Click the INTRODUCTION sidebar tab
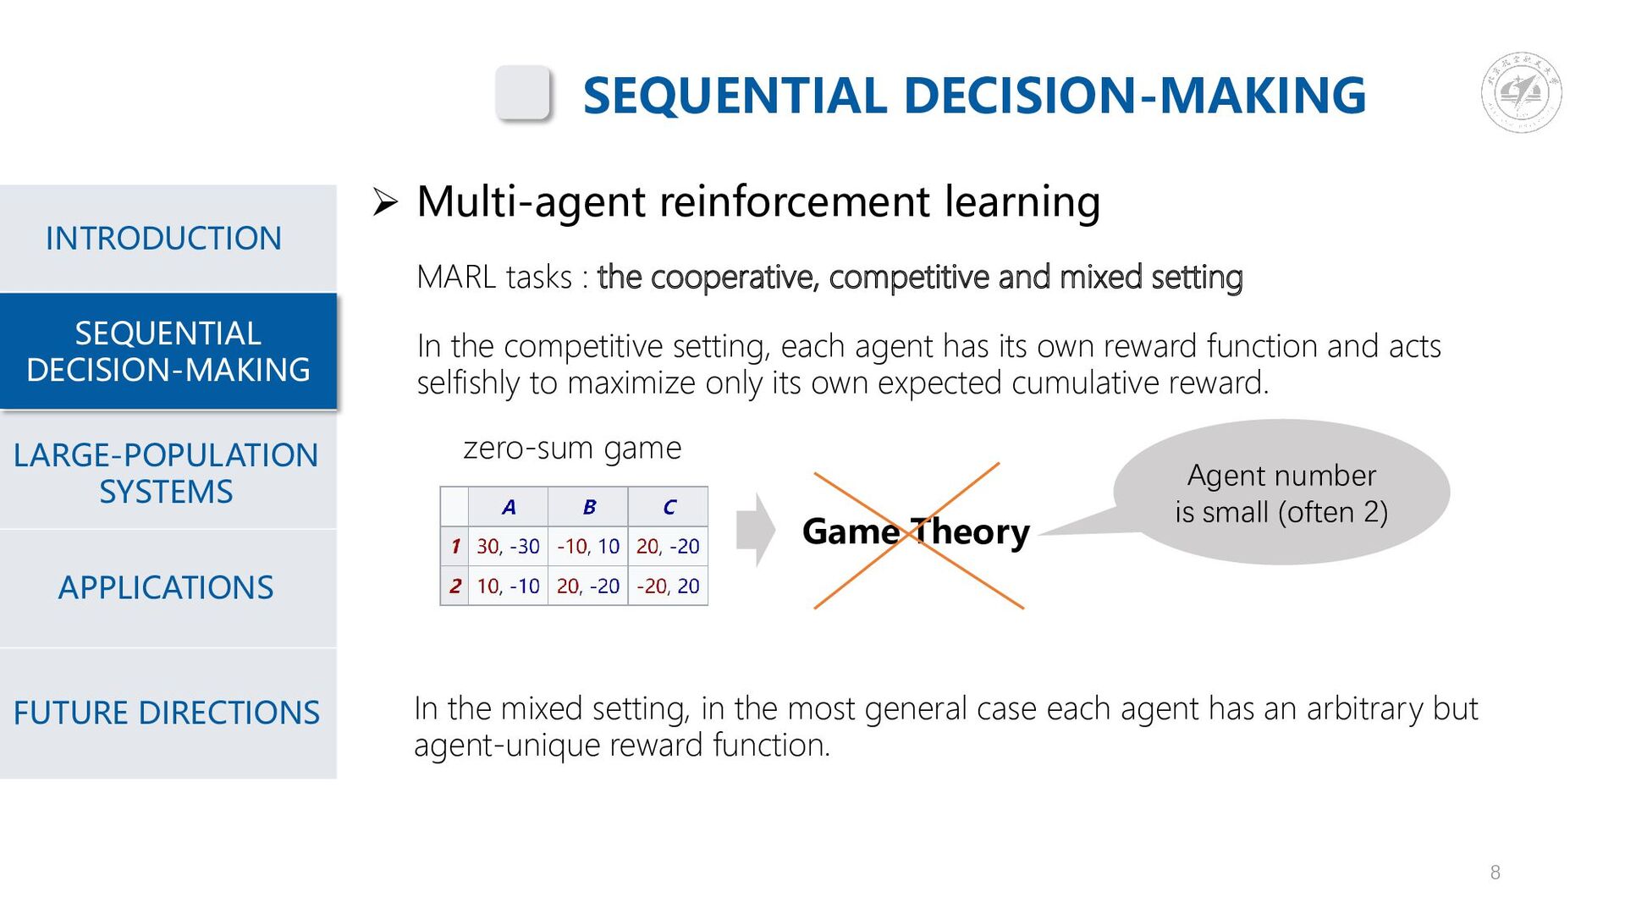163,239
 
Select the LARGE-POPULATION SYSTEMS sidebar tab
166,473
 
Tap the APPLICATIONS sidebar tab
166,587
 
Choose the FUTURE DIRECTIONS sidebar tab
166,713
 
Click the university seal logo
1521,92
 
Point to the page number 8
1495,873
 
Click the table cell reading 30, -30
508,547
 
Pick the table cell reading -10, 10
588,547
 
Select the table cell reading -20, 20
668,586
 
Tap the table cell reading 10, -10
508,586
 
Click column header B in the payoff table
589,507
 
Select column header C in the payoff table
669,507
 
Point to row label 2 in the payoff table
455,586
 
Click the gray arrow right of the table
755,530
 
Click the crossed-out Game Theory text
916,531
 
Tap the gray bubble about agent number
1281,493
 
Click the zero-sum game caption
571,448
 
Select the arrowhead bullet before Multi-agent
385,202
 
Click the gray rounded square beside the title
523,92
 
